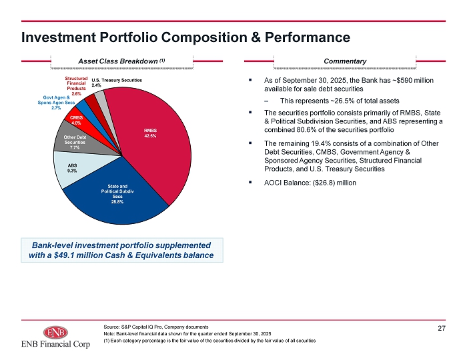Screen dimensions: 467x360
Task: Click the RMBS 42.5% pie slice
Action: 155,140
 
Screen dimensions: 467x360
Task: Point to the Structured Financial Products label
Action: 76,86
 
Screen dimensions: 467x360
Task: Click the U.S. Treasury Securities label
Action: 117,83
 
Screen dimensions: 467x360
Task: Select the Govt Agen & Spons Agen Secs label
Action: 56,103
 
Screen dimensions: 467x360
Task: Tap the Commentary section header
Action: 345,61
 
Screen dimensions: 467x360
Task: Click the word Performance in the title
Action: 308,37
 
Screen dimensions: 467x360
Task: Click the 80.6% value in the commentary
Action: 306,130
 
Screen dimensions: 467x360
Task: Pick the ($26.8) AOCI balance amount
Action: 323,183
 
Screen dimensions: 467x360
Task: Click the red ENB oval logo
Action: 55,333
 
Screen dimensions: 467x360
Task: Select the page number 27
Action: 442,328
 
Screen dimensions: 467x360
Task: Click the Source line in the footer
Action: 156,327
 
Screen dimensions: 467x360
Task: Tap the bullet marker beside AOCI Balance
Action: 250,182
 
